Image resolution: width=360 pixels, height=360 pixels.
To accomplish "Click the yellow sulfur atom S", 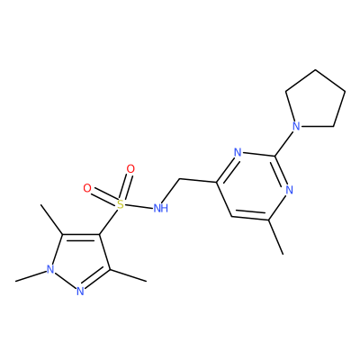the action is point(120,204).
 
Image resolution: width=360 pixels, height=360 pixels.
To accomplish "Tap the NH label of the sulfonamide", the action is point(161,208).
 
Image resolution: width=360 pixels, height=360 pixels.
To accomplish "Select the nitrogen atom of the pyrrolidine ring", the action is point(296,126).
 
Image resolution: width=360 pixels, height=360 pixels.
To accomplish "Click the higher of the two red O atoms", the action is point(130,169).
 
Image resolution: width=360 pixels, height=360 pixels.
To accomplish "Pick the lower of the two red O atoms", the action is point(87,188).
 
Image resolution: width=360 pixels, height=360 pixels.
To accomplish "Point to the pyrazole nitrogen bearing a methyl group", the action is point(51,269).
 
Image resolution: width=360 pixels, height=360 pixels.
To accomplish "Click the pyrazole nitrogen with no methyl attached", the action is point(80,291).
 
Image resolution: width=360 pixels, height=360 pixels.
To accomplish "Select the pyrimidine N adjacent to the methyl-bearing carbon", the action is point(289,190).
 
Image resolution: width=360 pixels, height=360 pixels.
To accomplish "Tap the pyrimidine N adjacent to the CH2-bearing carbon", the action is point(238,153).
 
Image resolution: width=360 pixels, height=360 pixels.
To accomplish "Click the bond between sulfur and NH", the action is point(139,206).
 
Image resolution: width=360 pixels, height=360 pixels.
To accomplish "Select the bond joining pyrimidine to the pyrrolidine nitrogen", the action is point(284,143).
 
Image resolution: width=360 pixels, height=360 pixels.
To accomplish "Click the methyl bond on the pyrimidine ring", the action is point(275,238).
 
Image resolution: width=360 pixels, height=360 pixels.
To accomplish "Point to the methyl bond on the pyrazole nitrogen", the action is point(31,276).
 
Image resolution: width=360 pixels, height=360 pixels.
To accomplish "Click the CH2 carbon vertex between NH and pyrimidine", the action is point(179,179).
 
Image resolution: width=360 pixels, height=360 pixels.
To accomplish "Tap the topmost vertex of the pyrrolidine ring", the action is point(315,70).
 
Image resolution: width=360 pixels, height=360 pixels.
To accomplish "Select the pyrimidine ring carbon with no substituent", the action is point(230,216).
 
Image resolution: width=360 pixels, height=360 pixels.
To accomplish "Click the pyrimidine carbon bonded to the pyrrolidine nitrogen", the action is point(275,156).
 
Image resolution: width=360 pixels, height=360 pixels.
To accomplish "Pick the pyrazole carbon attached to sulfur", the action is point(100,233).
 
